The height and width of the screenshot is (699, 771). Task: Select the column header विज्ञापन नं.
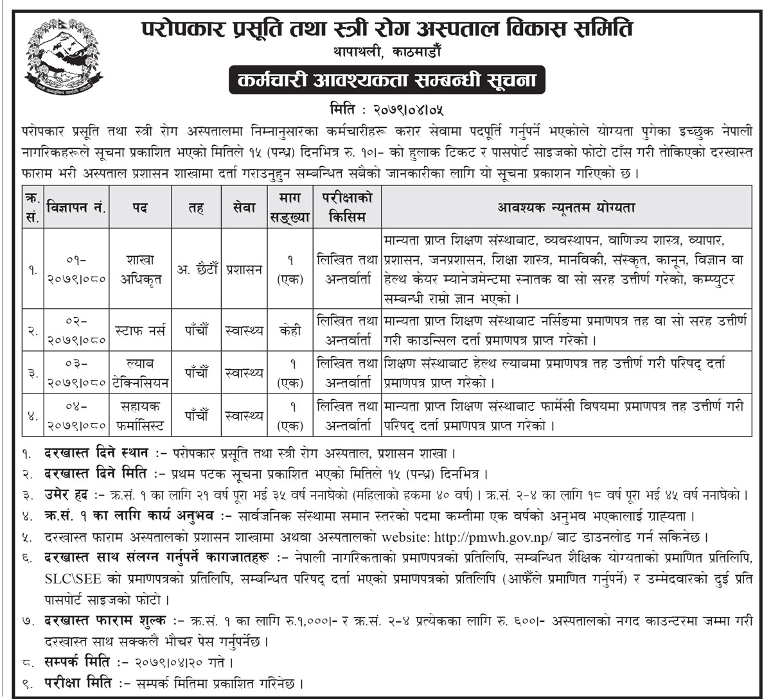click(x=76, y=207)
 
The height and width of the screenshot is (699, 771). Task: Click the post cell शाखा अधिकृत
click(x=139, y=270)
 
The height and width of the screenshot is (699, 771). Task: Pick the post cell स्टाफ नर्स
click(x=139, y=331)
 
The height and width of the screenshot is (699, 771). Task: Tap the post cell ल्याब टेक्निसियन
click(x=139, y=373)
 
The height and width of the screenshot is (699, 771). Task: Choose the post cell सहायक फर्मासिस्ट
click(x=139, y=415)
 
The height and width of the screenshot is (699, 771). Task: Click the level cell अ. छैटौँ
click(x=196, y=270)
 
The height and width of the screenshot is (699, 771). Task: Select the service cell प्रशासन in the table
click(x=245, y=270)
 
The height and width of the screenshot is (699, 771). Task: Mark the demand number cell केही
click(x=290, y=331)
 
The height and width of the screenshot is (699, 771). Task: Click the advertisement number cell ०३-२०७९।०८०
click(x=76, y=373)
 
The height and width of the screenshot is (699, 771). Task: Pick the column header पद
click(x=139, y=207)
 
